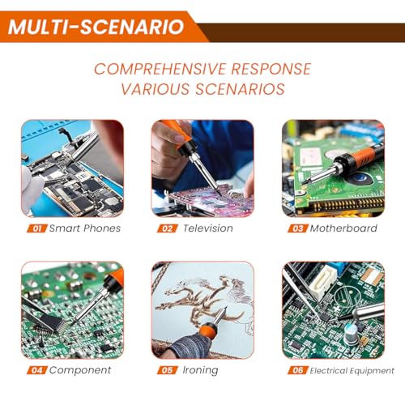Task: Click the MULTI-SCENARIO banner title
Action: click(96, 27)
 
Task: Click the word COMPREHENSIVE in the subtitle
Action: click(160, 69)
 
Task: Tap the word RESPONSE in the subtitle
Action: click(271, 69)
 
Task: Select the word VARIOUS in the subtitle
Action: click(156, 89)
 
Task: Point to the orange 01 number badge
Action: click(37, 228)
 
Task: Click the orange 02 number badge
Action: click(168, 228)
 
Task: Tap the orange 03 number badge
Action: click(298, 228)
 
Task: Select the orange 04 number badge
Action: click(37, 370)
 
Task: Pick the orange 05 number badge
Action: click(168, 370)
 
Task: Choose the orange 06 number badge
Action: click(298, 370)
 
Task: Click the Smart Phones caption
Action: click(85, 228)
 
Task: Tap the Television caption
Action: click(208, 228)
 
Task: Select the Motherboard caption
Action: click(343, 228)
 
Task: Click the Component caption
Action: click(80, 370)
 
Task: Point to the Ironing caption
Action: click(200, 371)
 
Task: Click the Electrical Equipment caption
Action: click(352, 371)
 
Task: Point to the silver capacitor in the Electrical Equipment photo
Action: click(352, 335)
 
